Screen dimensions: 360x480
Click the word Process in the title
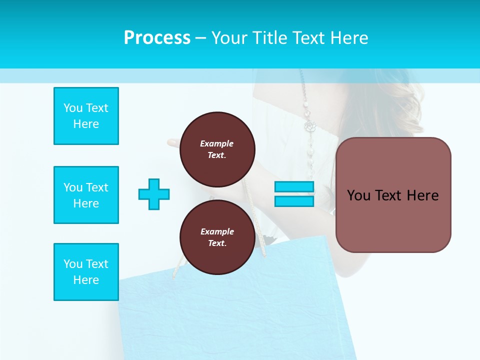click(x=157, y=38)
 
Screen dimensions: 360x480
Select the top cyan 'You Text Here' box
click(x=86, y=116)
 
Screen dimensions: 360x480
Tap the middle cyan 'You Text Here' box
click(x=86, y=195)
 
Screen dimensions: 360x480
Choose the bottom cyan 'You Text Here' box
click(x=86, y=272)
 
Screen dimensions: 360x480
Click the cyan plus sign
click(x=154, y=194)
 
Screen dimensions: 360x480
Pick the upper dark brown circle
click(x=217, y=149)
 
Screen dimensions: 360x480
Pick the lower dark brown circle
click(x=217, y=237)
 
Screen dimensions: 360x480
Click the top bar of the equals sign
click(x=294, y=187)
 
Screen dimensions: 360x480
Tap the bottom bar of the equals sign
click(x=294, y=201)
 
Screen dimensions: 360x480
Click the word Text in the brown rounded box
click(x=390, y=195)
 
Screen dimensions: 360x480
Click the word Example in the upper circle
click(x=217, y=143)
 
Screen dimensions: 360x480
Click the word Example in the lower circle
click(x=217, y=231)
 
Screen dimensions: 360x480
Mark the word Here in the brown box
click(x=422, y=195)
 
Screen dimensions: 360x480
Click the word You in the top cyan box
click(x=72, y=108)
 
